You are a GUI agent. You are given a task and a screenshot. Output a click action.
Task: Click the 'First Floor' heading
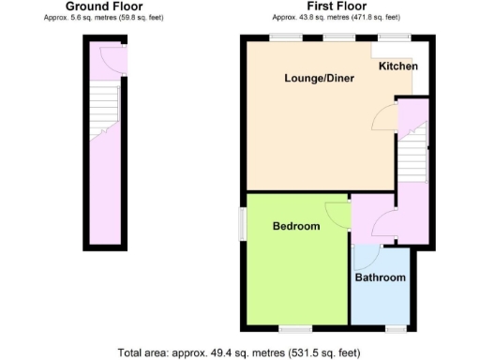336,7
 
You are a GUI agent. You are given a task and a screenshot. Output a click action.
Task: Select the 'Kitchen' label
398,67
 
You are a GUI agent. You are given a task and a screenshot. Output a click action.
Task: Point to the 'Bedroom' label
296,226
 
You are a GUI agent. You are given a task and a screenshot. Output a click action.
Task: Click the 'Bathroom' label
380,277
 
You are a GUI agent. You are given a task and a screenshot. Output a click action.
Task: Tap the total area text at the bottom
240,352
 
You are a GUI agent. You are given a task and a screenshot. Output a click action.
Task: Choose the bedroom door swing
338,215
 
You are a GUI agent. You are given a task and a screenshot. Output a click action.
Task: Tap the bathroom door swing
366,256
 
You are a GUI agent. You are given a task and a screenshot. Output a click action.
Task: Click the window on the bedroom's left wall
242,223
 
